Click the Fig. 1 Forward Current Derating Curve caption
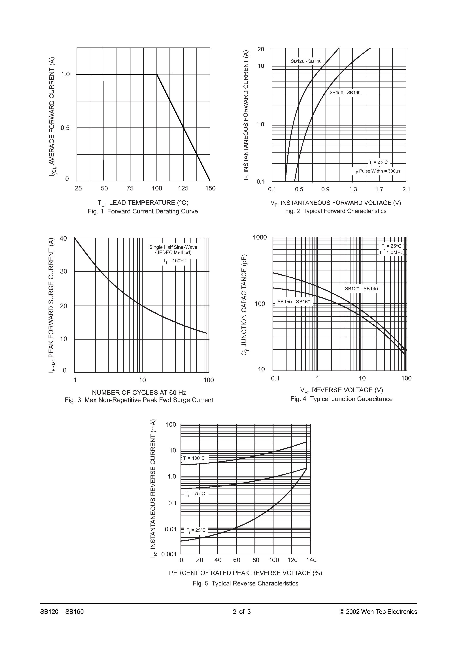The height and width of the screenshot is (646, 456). click(143, 211)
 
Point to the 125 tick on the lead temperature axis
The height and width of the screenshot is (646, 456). click(183, 188)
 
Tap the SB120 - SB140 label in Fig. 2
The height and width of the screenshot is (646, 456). click(306, 61)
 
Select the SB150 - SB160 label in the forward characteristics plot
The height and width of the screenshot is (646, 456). click(345, 93)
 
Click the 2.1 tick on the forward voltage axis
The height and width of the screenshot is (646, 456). click(406, 189)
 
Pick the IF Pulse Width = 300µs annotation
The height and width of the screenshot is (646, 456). click(377, 171)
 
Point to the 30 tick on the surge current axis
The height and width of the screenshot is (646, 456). click(64, 271)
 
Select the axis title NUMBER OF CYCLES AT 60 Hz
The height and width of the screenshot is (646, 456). click(139, 393)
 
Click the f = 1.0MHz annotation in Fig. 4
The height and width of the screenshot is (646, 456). click(391, 252)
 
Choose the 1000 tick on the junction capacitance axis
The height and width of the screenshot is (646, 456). click(260, 237)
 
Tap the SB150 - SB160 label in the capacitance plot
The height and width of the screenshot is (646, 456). click(294, 302)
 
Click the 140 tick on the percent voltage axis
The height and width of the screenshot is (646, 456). click(311, 560)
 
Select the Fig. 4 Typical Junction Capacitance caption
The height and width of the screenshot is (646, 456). click(341, 399)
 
